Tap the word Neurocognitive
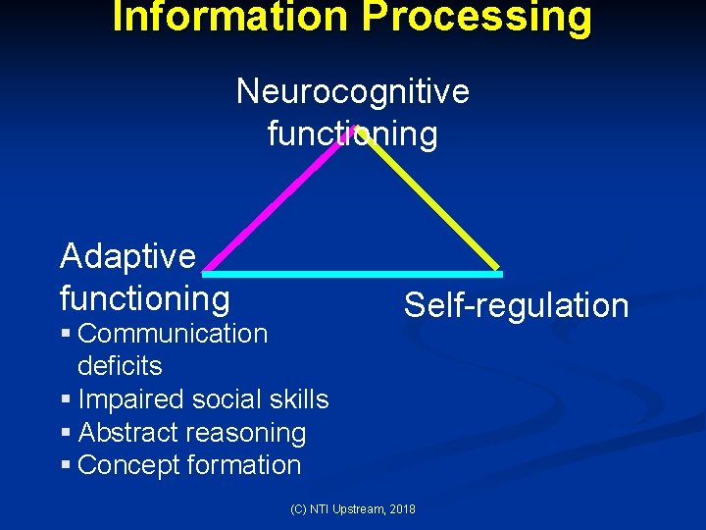[x=353, y=91]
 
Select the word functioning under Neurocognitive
[x=353, y=132]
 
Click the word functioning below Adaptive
[x=145, y=296]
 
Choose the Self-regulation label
[x=516, y=305]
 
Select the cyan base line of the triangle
[x=353, y=272]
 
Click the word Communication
[x=173, y=334]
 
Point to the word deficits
[x=120, y=366]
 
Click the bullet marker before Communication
[x=65, y=335]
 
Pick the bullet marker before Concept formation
[x=65, y=466]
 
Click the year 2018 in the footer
[x=401, y=508]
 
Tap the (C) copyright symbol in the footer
[x=298, y=508]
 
